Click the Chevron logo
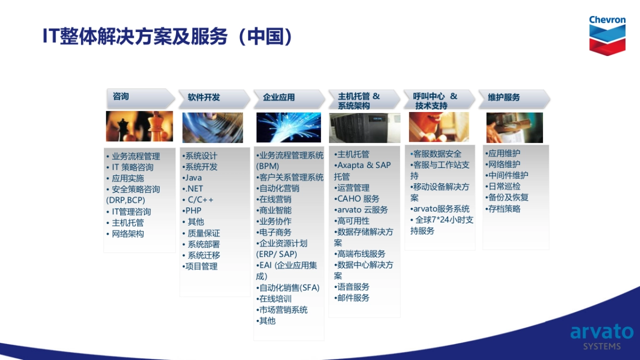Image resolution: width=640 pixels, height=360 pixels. [x=607, y=35]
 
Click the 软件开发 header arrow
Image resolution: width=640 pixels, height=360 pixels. [x=214, y=99]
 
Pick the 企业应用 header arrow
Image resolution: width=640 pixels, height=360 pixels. [x=289, y=99]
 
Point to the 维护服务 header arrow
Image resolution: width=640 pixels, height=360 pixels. [x=514, y=99]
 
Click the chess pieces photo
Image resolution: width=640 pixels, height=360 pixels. [x=139, y=126]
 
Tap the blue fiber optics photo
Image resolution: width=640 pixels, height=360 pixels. [x=289, y=127]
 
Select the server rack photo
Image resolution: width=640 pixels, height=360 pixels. [x=365, y=127]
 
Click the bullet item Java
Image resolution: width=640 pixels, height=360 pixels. [x=193, y=178]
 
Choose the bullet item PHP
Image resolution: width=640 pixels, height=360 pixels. [x=192, y=211]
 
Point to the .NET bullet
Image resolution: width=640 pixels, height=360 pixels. [x=193, y=189]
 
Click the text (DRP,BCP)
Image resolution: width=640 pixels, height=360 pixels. [x=126, y=200]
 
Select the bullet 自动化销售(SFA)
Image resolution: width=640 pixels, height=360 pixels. [x=288, y=287]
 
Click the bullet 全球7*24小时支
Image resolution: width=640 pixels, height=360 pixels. [x=442, y=220]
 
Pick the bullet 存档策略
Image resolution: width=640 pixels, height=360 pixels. [x=503, y=209]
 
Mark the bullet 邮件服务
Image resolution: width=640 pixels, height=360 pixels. [x=352, y=298]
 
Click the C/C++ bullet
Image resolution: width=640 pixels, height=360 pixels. [x=198, y=199]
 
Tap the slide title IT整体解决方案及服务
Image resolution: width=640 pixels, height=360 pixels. [x=135, y=36]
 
